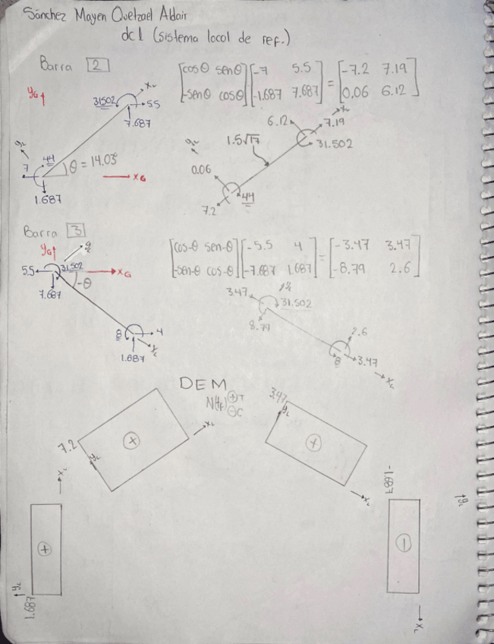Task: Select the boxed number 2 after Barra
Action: point(99,65)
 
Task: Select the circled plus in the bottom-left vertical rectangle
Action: point(45,549)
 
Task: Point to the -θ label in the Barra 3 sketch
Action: point(86,284)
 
